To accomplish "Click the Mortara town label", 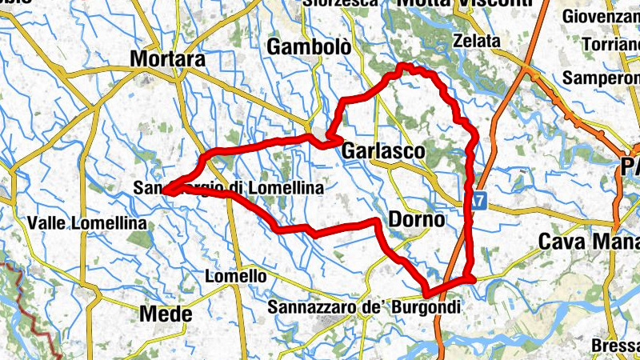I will [167, 58].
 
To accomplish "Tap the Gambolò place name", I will [309, 46].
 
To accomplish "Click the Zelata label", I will [476, 41].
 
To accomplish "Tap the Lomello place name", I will [236, 276].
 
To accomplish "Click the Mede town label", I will [166, 314].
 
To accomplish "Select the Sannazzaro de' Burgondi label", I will [366, 306].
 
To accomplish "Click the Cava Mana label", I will [589, 241].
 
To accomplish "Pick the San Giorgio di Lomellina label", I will [229, 188].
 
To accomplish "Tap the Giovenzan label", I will [601, 16].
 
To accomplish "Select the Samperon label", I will [602, 78].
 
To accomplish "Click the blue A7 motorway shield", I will [478, 200].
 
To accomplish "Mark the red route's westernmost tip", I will [164, 190].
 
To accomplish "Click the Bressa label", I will [615, 346].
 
